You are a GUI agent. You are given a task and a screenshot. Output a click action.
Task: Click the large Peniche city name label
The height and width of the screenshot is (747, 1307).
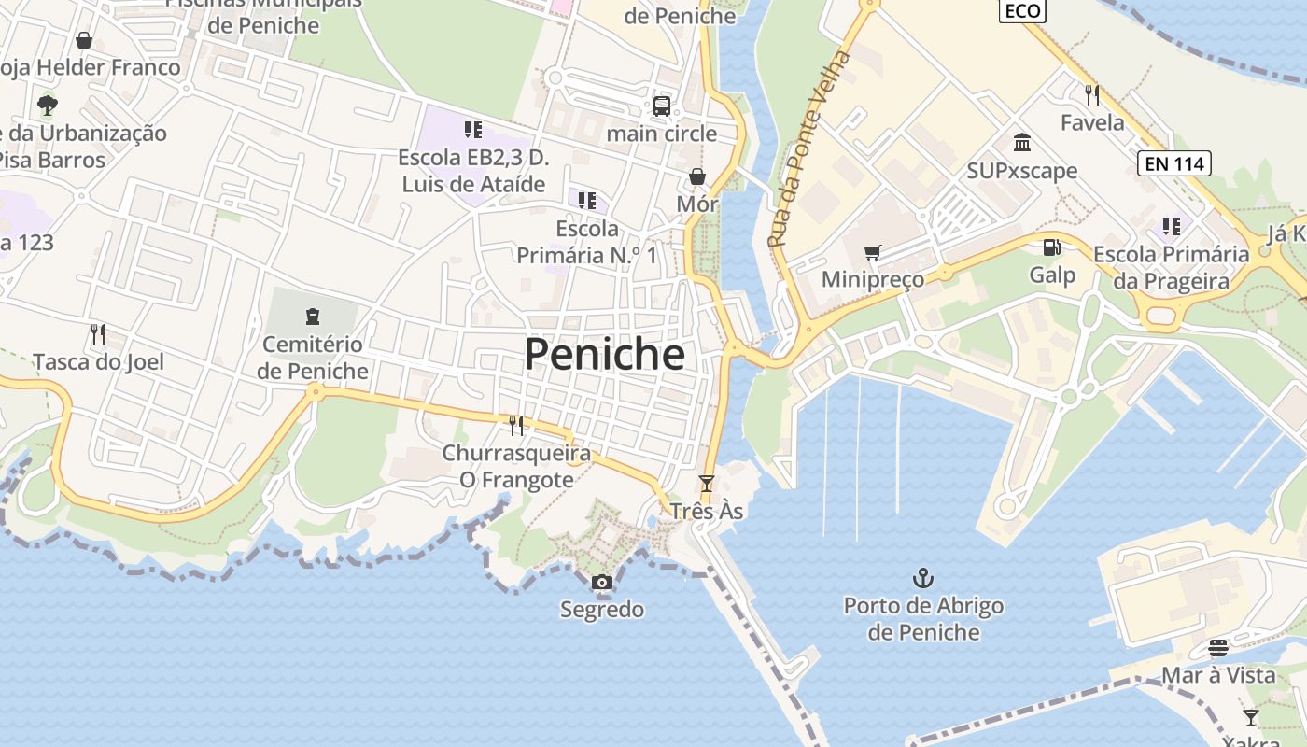[x=604, y=355]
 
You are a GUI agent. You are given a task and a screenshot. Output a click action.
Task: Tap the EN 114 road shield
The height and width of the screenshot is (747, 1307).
[x=1174, y=164]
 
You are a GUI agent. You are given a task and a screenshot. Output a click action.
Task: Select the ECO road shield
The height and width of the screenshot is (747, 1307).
[x=1022, y=10]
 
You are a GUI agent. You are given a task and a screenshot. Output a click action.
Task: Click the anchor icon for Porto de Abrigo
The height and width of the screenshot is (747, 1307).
[x=922, y=578]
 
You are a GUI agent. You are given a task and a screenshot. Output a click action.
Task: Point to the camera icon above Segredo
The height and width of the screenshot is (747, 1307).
[x=602, y=583]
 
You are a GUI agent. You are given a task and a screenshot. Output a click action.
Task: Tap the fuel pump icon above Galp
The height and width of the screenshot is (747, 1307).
[x=1052, y=247]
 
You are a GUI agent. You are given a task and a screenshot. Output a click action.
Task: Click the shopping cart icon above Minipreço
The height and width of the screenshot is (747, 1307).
[x=873, y=252]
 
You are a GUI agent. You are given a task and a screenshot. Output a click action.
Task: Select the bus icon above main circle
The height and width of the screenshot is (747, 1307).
[x=662, y=106]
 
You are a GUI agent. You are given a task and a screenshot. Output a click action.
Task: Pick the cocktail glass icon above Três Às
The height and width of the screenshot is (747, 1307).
[x=707, y=484]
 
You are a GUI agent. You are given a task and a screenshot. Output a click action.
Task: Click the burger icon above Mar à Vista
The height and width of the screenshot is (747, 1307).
[x=1217, y=647]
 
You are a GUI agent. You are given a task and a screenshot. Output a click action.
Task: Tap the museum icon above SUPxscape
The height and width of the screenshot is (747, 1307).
[x=1022, y=143]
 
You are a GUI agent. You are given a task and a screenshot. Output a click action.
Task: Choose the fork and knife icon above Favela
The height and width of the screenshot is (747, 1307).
[x=1092, y=94]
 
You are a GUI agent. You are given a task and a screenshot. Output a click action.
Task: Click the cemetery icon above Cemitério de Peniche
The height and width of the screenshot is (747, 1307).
[x=313, y=316]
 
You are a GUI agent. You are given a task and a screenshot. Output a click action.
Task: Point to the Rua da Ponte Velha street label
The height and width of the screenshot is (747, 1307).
[x=810, y=149]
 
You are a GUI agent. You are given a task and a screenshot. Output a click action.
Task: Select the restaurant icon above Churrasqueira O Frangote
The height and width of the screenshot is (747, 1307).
[x=516, y=426]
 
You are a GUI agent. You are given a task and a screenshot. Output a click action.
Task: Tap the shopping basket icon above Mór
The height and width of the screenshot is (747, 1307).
[x=697, y=176]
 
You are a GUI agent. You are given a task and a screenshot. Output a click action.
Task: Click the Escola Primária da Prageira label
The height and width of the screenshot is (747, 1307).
[x=1172, y=267]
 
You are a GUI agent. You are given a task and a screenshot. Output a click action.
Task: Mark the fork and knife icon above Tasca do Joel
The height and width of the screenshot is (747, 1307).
[x=98, y=333]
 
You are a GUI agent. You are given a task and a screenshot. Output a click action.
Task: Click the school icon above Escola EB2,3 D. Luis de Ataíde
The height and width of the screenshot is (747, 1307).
[x=473, y=130]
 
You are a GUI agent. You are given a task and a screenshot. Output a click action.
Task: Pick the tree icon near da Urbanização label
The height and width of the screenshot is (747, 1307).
[x=47, y=105]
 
